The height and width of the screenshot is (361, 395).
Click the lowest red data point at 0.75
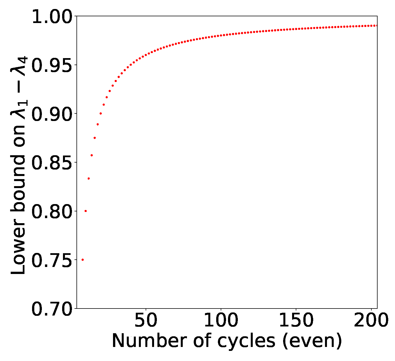point(83,260)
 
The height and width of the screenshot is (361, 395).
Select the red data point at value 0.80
point(86,211)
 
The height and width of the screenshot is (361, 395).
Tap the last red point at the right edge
point(376,26)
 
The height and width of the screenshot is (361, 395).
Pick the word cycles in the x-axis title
point(246,341)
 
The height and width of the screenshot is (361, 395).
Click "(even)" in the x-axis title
point(312,341)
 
